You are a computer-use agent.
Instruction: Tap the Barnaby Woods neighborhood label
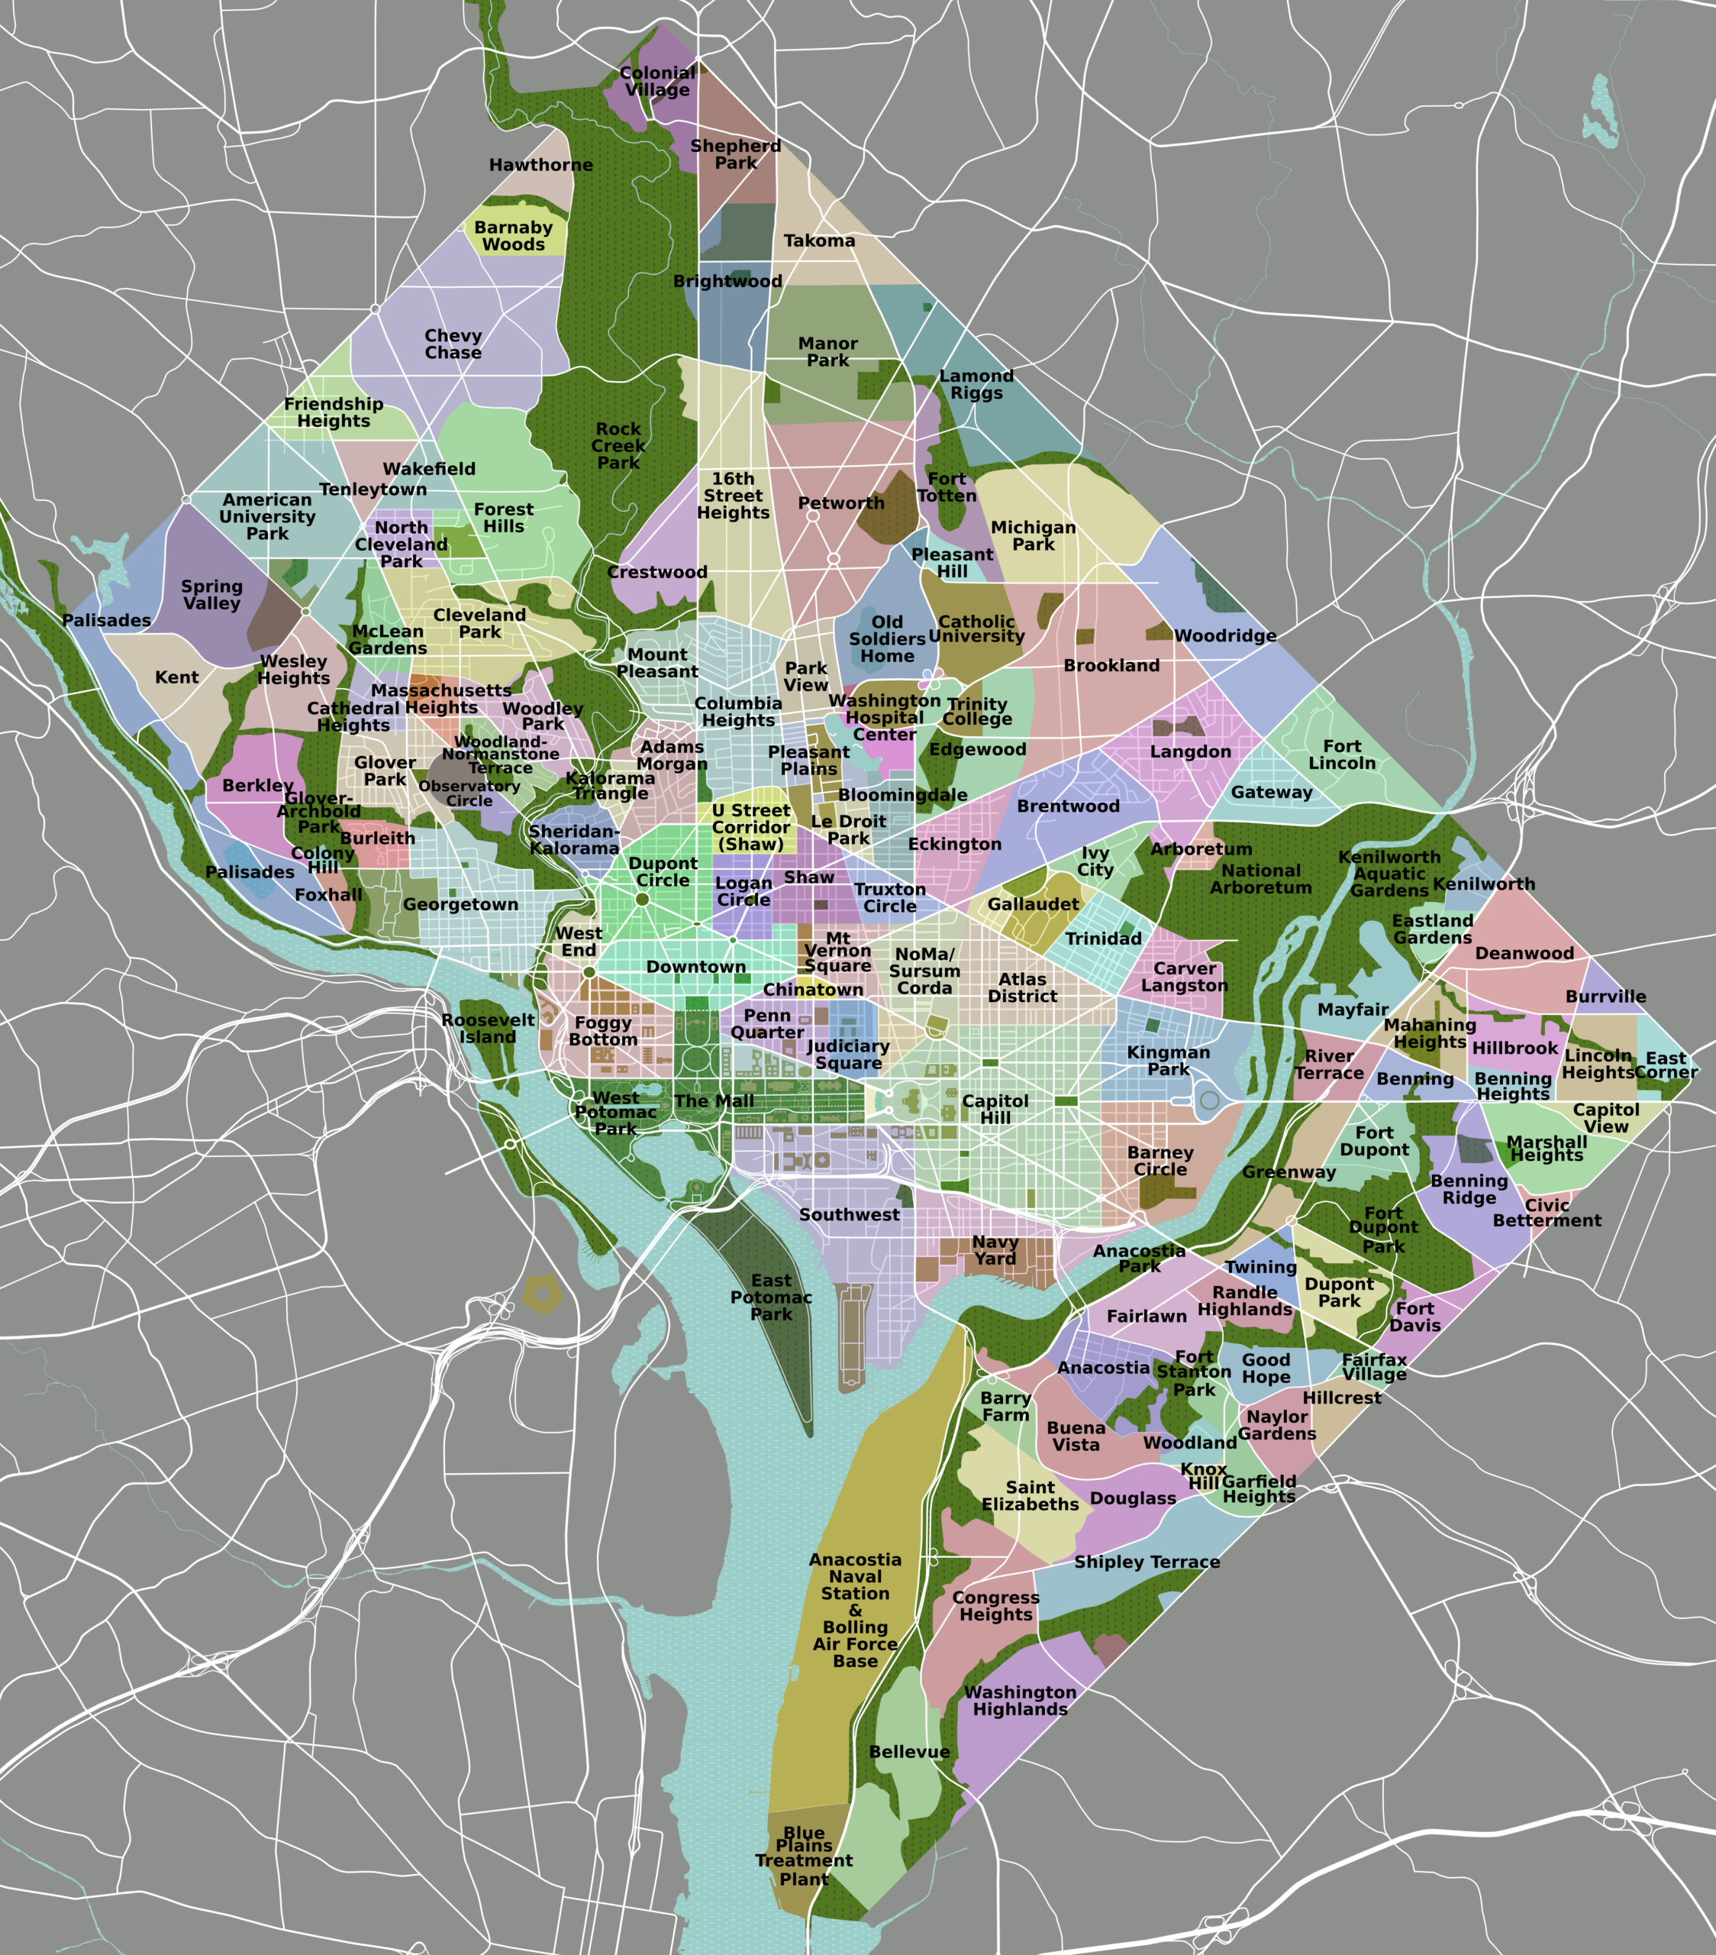(514, 236)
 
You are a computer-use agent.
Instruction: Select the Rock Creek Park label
(618, 446)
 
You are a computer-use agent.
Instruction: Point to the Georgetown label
(461, 905)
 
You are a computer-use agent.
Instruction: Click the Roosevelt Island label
(488, 1028)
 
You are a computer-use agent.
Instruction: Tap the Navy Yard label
(995, 1250)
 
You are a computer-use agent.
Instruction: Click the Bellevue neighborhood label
(909, 1752)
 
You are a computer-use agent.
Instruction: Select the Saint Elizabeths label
(1030, 1496)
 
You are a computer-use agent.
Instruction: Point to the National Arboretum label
(1260, 879)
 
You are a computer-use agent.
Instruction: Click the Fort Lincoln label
(1342, 755)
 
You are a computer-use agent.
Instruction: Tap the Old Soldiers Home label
(887, 639)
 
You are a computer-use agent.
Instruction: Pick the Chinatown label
(813, 990)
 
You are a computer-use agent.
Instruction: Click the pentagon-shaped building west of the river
(542, 1295)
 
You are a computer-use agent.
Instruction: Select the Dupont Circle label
(663, 872)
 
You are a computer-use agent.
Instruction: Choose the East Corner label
(1666, 1065)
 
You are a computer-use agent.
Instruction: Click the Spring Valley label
(211, 595)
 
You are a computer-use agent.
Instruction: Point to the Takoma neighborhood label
(819, 241)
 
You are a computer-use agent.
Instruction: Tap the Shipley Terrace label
(1147, 1562)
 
